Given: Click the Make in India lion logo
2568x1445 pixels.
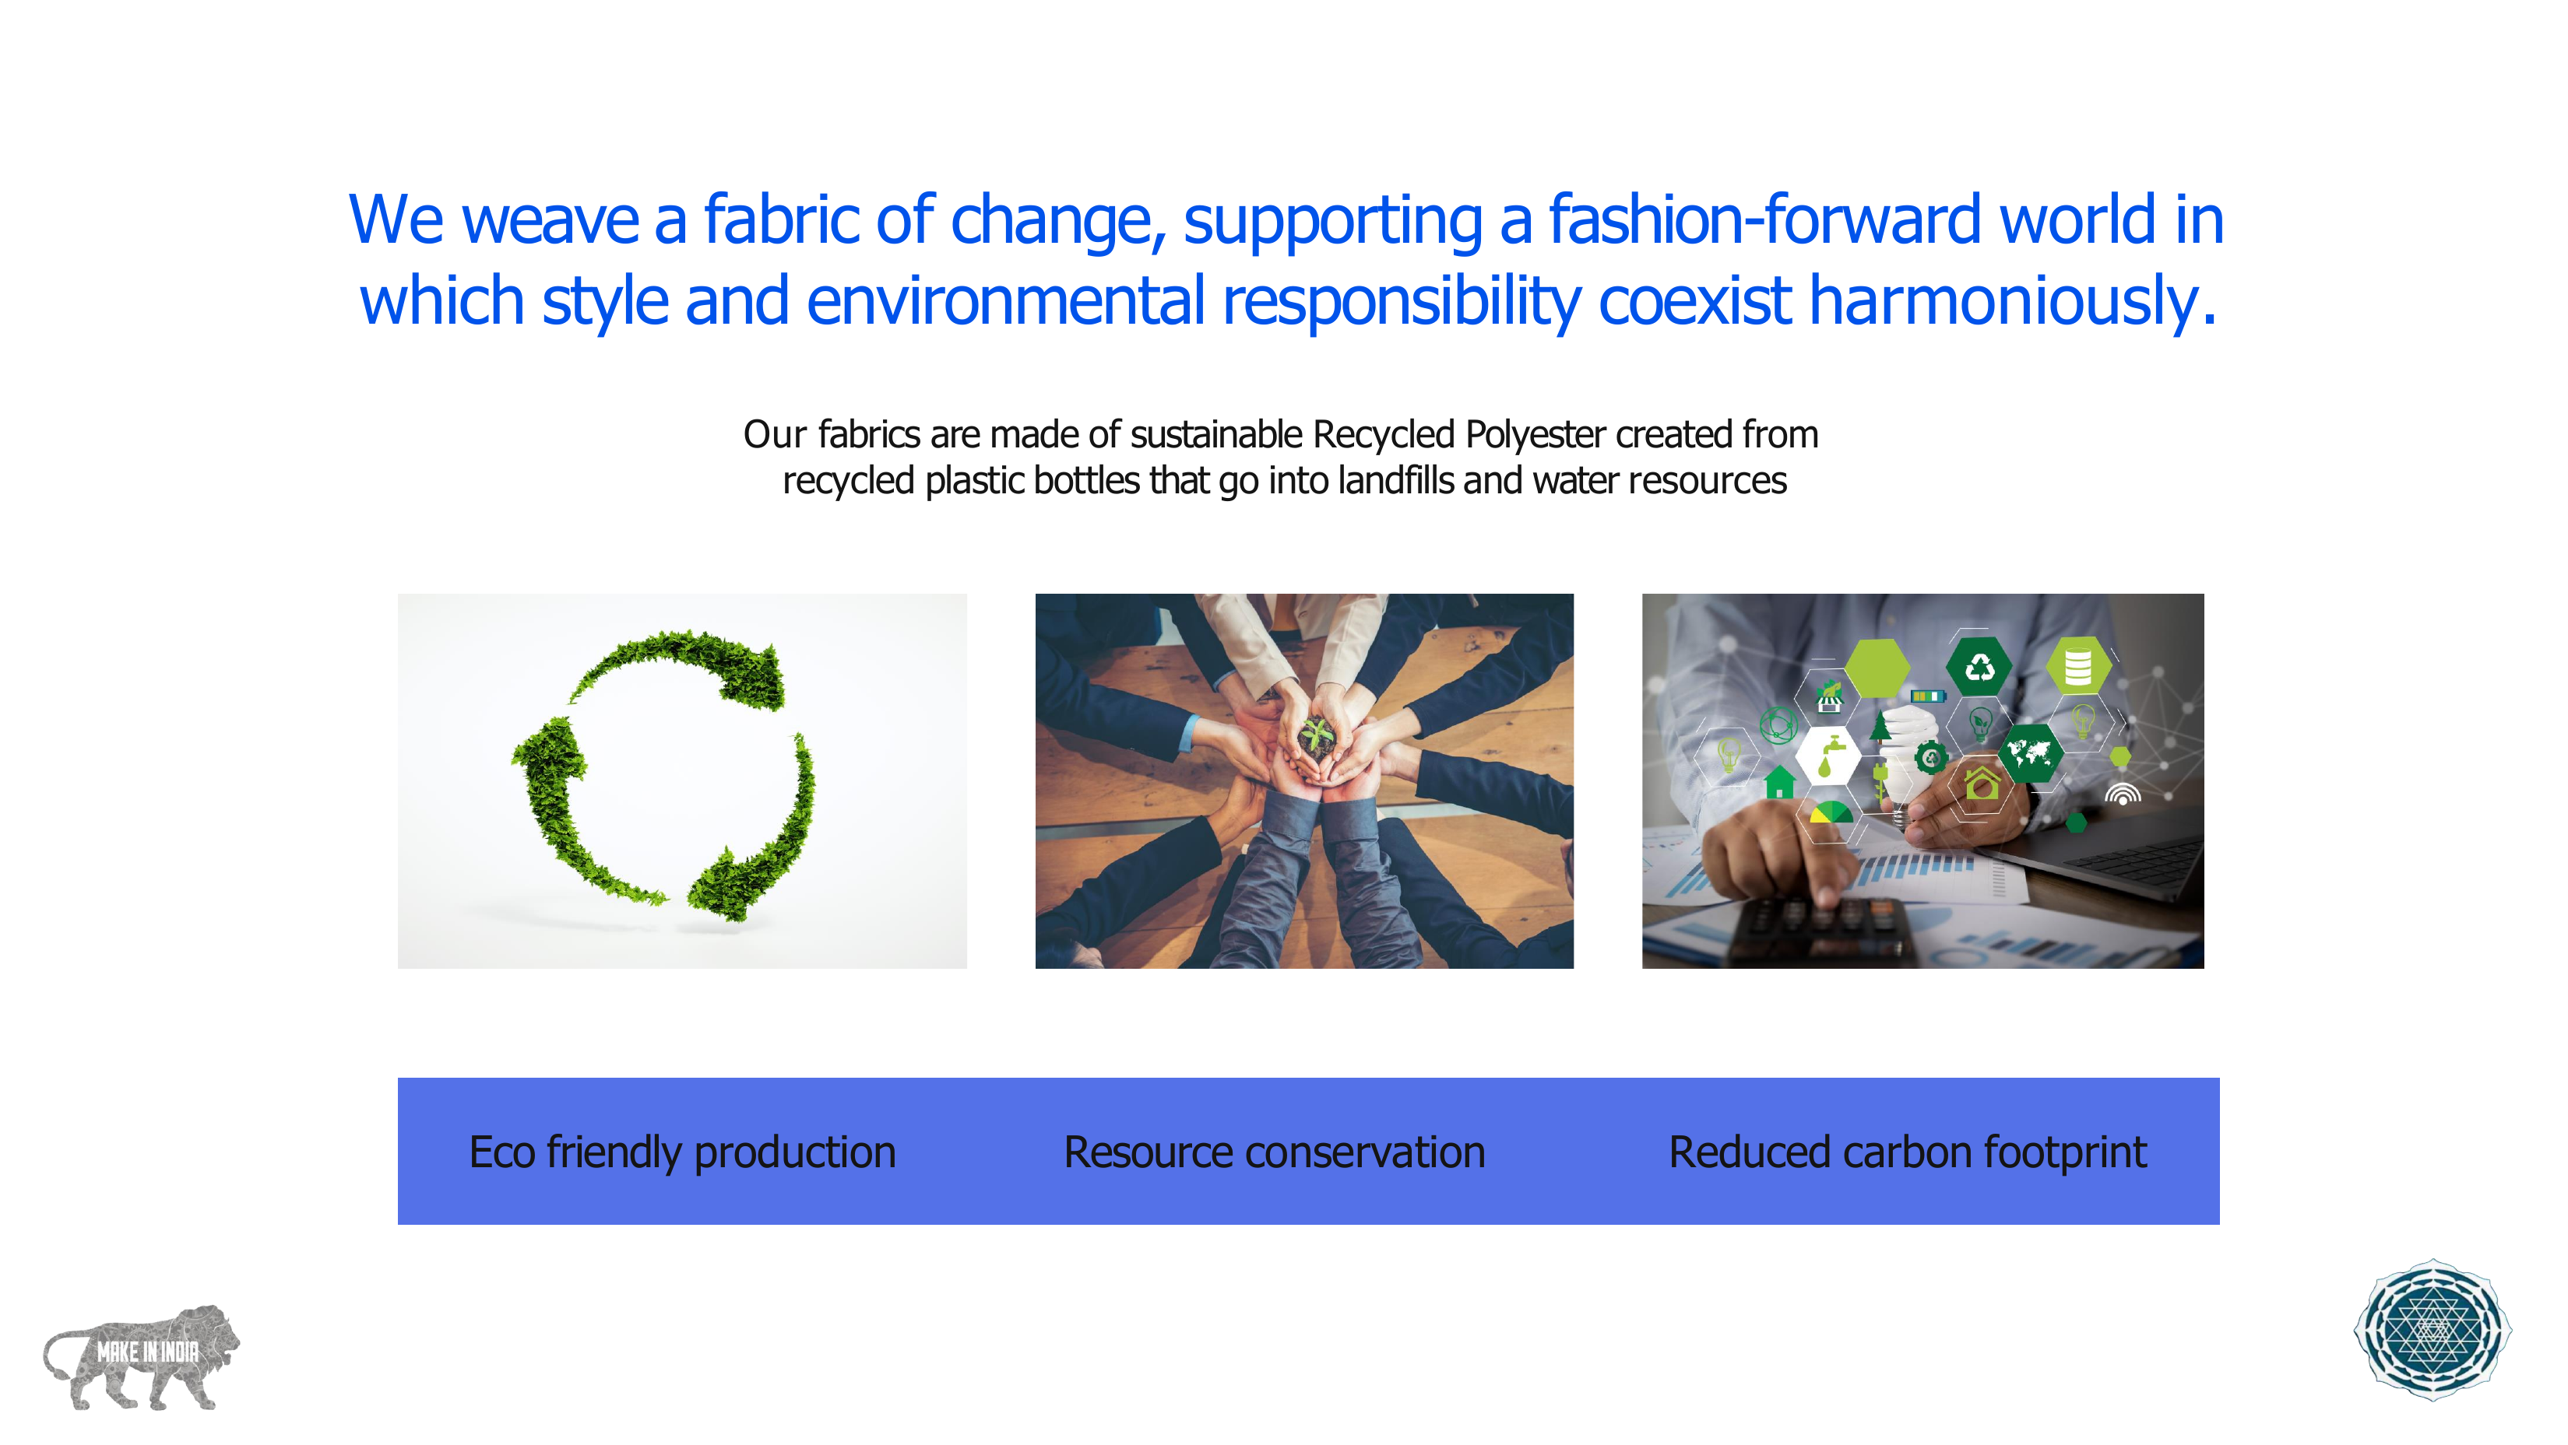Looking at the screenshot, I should tap(142, 1356).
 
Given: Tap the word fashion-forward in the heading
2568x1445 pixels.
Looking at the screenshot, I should tap(1764, 219).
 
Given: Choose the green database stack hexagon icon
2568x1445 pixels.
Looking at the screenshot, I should tap(2077, 667).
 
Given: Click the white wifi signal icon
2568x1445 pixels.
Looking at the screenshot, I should tap(2123, 794).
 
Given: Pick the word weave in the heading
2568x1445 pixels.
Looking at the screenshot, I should tap(551, 219).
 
